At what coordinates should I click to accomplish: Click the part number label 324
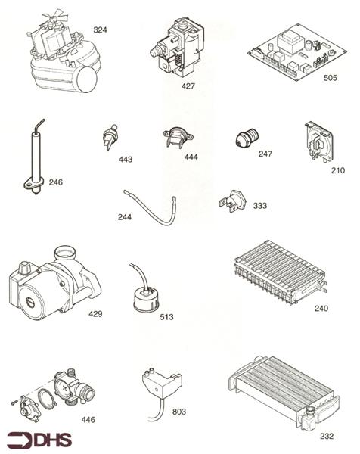pyautogui.click(x=100, y=30)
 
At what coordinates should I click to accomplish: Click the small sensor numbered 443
pyautogui.click(x=109, y=138)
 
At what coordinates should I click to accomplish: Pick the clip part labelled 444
pyautogui.click(x=176, y=138)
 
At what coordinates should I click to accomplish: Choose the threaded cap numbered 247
pyautogui.click(x=244, y=139)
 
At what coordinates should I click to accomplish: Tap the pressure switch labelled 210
pyautogui.click(x=315, y=141)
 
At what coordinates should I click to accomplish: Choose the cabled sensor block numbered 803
pyautogui.click(x=158, y=387)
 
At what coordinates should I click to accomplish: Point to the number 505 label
pyautogui.click(x=330, y=76)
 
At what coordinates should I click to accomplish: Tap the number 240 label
pyautogui.click(x=321, y=309)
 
